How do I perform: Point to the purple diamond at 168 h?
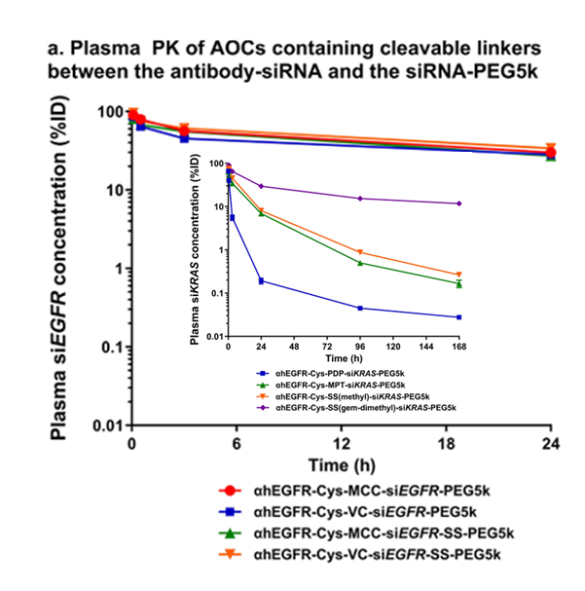click(458, 203)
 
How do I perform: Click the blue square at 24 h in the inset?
click(261, 280)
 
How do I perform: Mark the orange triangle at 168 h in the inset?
click(458, 275)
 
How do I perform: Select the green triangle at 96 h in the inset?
click(360, 263)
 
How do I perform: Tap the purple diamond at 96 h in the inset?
click(360, 199)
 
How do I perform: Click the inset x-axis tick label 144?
click(425, 347)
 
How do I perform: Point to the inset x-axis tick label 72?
click(326, 347)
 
